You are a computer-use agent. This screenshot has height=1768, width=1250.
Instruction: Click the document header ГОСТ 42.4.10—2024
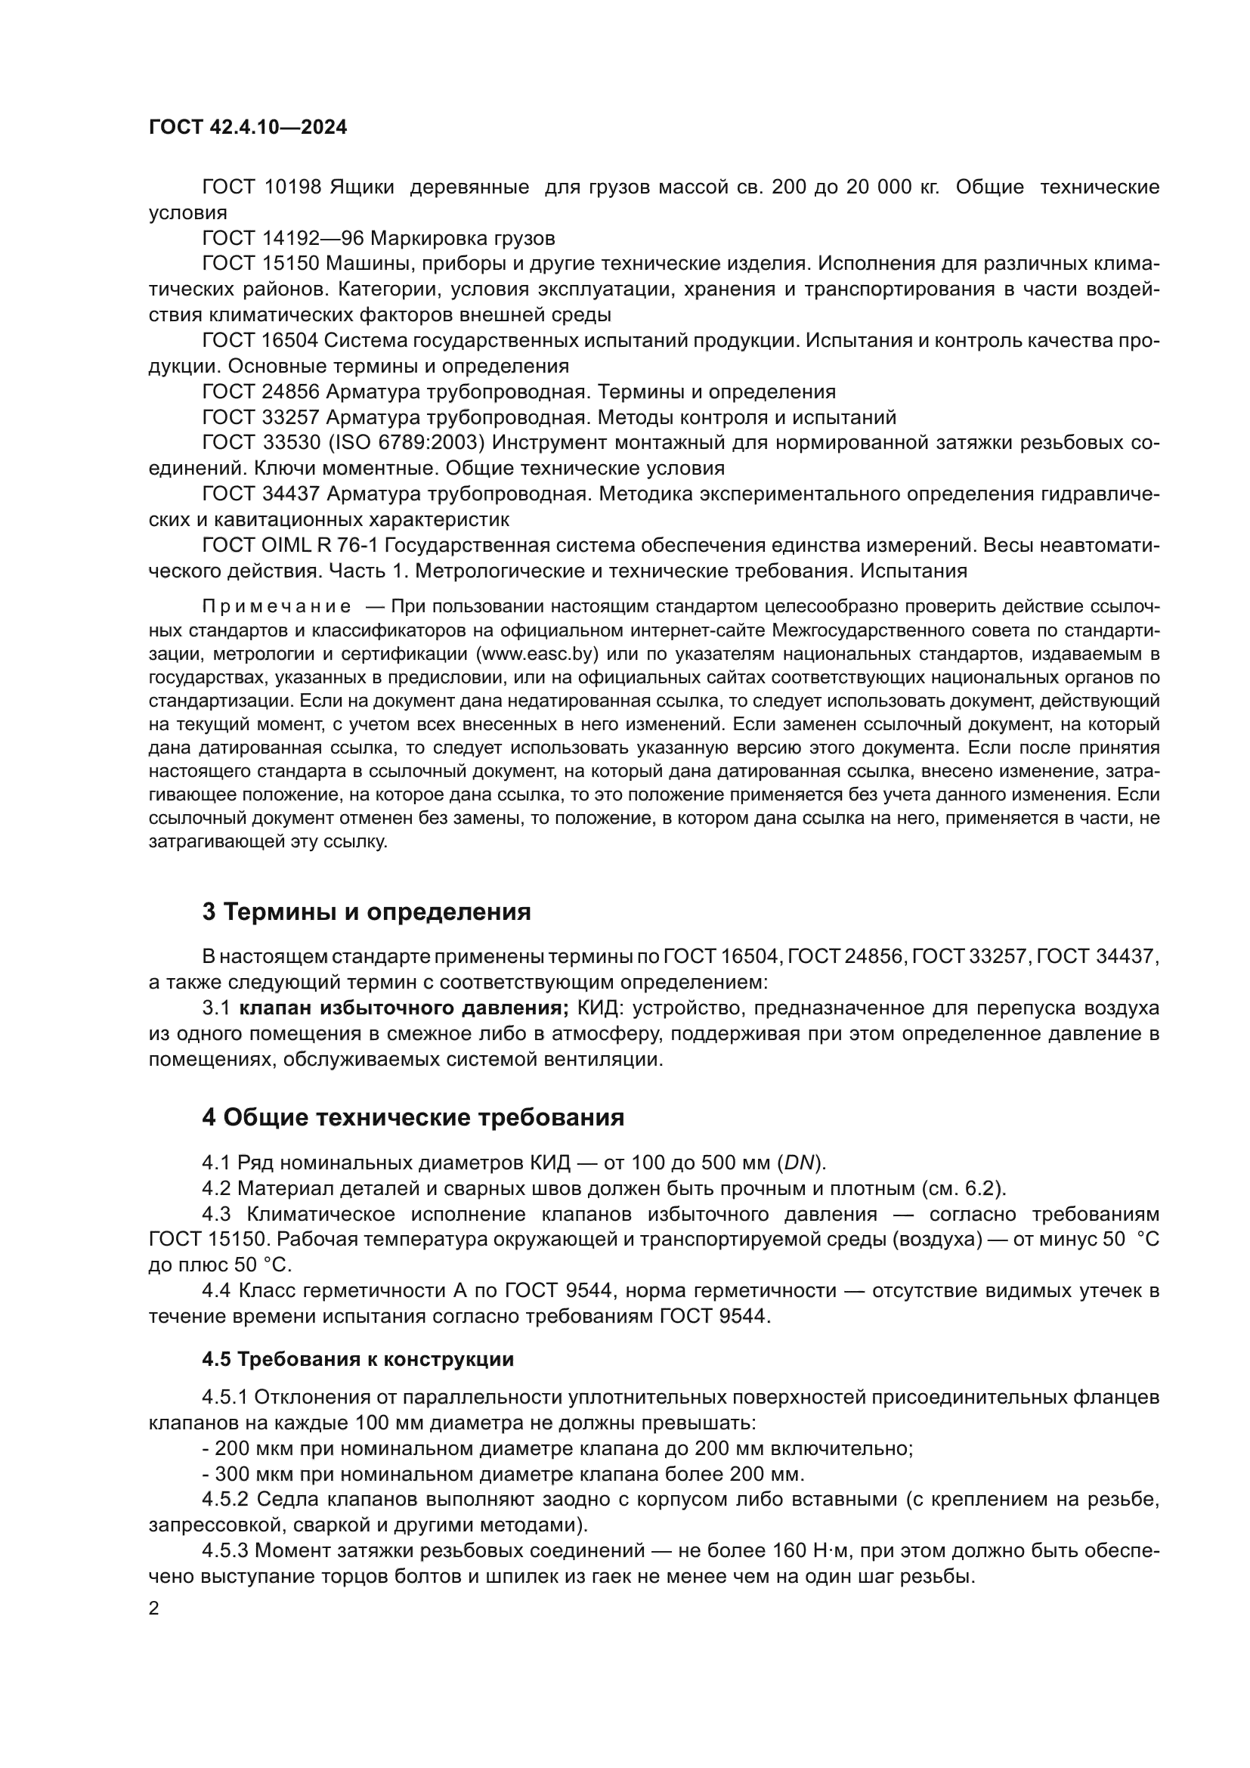click(248, 127)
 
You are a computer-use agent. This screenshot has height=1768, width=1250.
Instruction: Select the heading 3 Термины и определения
click(367, 912)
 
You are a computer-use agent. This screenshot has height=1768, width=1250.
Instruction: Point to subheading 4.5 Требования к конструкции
click(358, 1358)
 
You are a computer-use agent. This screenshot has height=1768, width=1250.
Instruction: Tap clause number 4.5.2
click(226, 1498)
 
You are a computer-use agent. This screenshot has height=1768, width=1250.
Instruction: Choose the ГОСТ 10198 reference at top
click(261, 187)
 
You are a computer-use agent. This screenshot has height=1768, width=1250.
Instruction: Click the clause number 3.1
click(216, 1008)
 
